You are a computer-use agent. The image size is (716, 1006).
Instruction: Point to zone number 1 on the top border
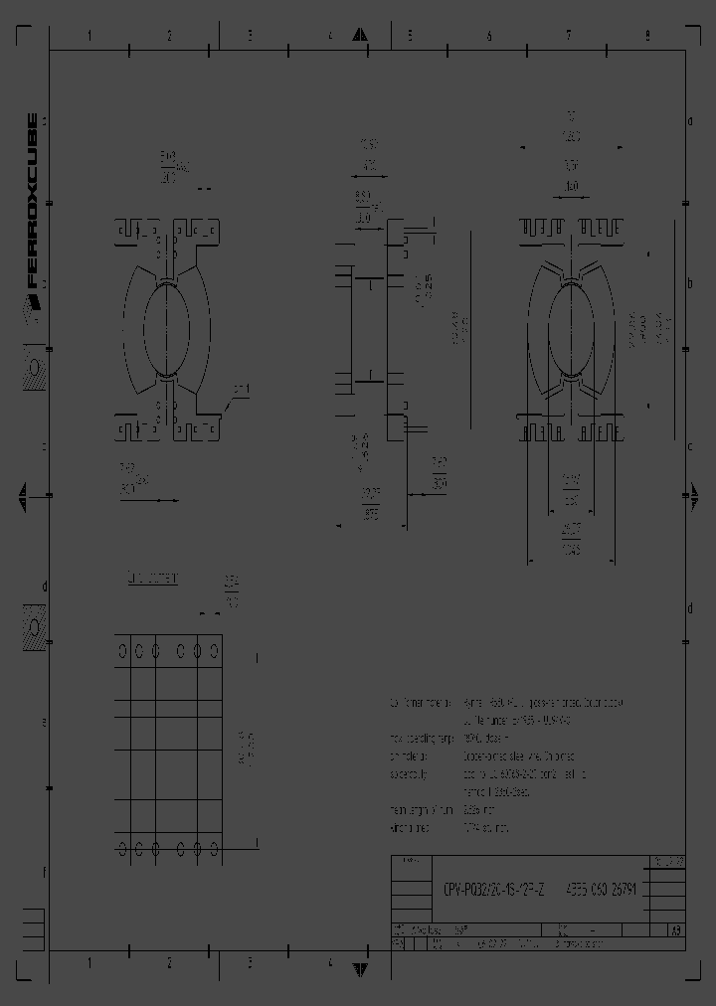89,36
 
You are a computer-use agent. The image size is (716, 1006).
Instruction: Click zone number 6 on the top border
489,36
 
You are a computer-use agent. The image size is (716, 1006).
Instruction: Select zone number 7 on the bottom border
569,963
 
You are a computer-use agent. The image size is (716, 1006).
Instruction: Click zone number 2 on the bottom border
169,963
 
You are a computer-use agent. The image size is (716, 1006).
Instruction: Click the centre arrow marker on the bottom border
362,963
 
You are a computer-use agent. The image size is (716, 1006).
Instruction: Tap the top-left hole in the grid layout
122,651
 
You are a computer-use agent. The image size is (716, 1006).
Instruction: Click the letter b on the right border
689,283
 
